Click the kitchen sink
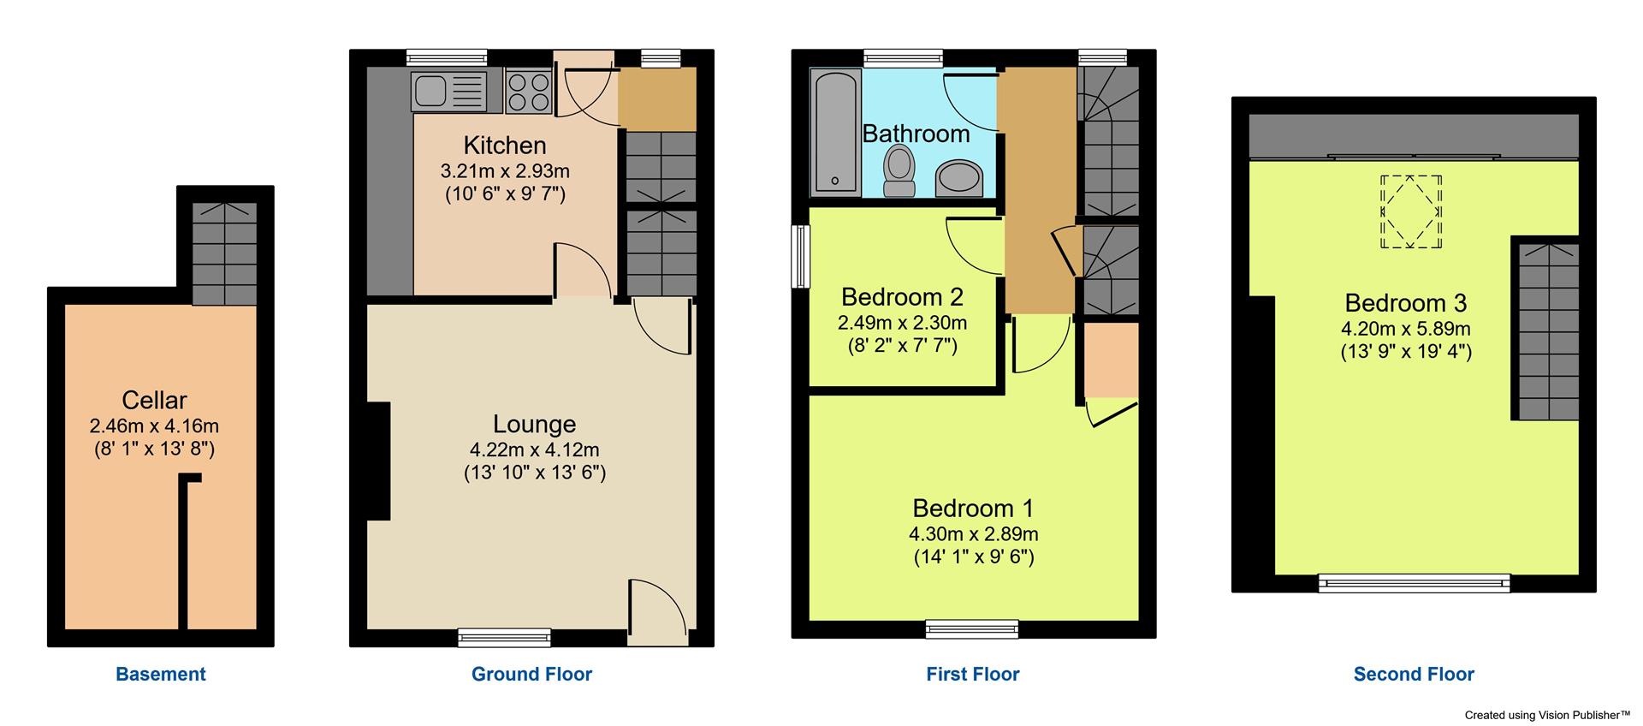click(x=448, y=92)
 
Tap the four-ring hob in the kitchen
click(x=528, y=92)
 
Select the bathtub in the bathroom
click(x=836, y=134)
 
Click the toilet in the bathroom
click(x=899, y=171)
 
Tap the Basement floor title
click(x=161, y=674)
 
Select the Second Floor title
click(x=1414, y=674)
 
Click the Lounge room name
click(x=534, y=424)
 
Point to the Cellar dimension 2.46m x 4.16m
click(x=154, y=425)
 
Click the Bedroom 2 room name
click(x=902, y=297)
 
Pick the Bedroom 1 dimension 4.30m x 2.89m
click(x=973, y=534)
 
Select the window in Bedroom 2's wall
click(x=801, y=256)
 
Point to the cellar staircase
click(x=224, y=253)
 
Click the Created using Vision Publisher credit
click(x=1547, y=714)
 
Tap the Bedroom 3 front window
click(x=1414, y=583)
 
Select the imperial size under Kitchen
click(x=505, y=194)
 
